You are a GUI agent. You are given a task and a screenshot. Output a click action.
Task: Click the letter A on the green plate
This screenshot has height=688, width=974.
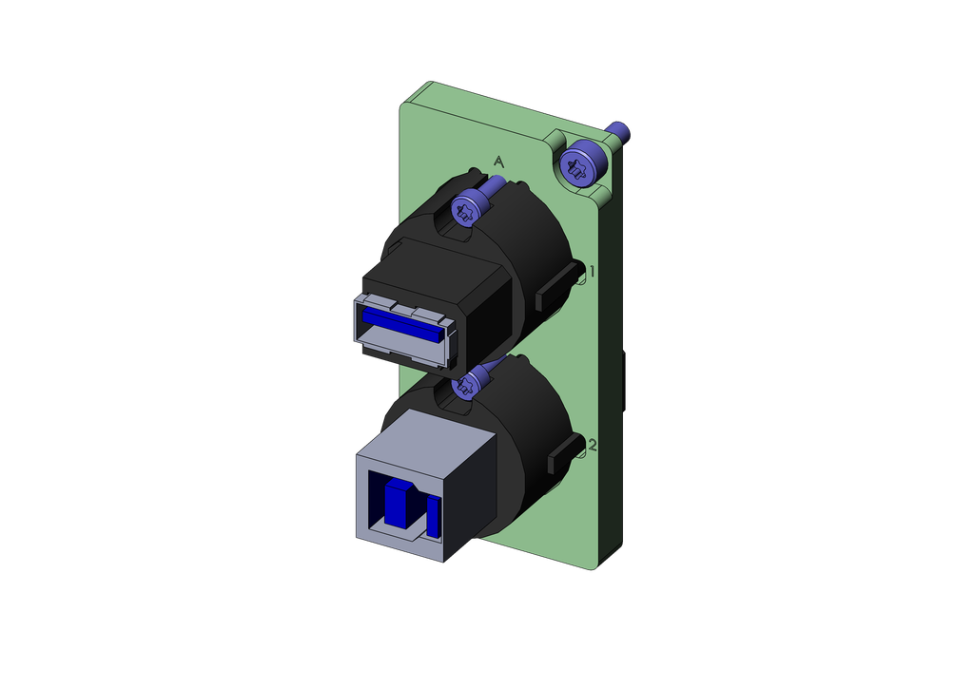498,162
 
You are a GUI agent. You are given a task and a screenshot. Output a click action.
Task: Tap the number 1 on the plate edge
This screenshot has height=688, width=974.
593,271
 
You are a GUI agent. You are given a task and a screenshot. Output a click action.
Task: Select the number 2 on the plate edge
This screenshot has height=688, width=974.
593,445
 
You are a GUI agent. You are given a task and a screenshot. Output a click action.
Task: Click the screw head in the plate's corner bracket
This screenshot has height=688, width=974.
582,164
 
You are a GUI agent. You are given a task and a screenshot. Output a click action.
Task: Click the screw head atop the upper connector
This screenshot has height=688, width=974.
466,208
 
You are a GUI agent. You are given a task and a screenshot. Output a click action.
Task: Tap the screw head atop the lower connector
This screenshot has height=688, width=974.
466,383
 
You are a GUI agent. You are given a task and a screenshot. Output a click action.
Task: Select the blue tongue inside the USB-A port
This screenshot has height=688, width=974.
402,324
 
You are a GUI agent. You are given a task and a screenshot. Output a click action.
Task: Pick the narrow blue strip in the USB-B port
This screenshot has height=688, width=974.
433,516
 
